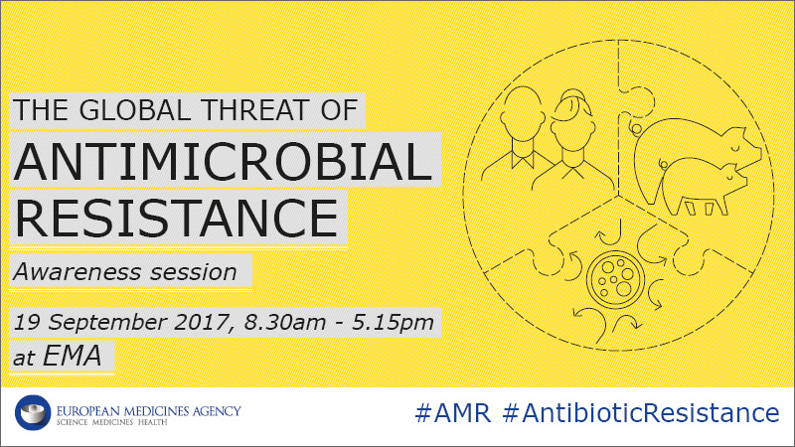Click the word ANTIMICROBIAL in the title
tap(223, 162)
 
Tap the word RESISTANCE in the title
tap(177, 218)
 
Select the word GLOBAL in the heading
tap(135, 110)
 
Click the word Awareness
tap(78, 272)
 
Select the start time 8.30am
tap(284, 322)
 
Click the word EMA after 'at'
tap(72, 356)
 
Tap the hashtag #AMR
tap(453, 413)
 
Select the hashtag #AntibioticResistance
tap(641, 412)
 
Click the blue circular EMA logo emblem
tap(33, 412)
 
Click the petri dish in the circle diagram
tap(615, 279)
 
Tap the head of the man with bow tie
tap(523, 112)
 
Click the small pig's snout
tap(743, 182)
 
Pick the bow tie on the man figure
tap(523, 160)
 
